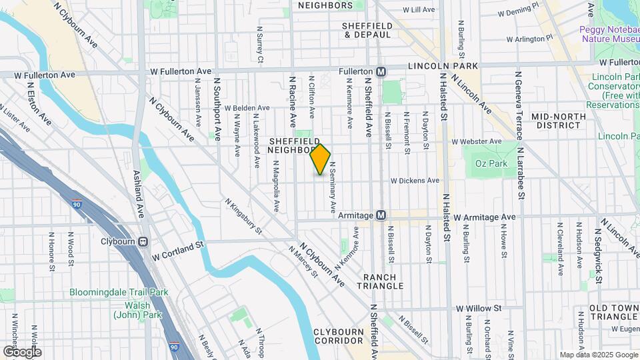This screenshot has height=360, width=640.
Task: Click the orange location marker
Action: (321, 159)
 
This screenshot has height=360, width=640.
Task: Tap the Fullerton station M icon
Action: (381, 71)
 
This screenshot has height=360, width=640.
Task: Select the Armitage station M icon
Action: (381, 215)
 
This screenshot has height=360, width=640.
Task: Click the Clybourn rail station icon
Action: (143, 242)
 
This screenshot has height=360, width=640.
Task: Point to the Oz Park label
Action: (491, 163)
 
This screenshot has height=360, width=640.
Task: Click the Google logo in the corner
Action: (22, 351)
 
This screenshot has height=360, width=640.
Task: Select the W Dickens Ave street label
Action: (415, 180)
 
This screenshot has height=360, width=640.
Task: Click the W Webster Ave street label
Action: (476, 141)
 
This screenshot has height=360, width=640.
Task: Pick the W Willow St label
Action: (479, 309)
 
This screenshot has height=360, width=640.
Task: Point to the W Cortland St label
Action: (177, 251)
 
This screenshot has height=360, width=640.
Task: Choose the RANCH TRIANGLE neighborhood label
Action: (383, 281)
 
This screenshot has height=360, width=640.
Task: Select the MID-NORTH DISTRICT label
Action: (558, 121)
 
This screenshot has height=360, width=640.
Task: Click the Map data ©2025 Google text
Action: (598, 355)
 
